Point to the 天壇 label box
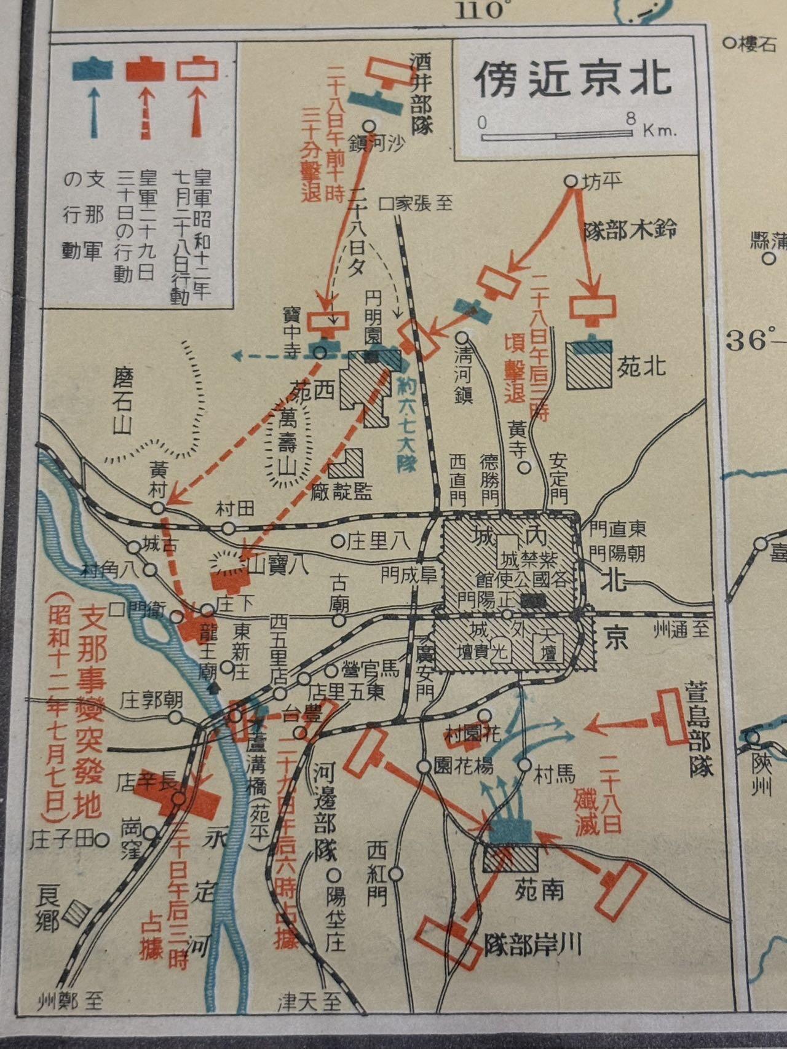(549, 646)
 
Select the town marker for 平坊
(571, 181)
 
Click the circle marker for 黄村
(159, 508)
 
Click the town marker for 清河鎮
(462, 337)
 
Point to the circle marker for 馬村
(524, 765)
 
